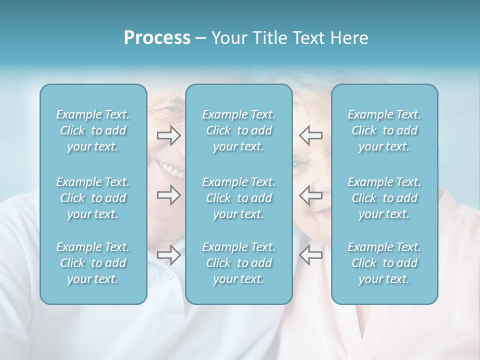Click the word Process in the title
157,38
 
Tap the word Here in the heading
349,38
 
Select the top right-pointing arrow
168,135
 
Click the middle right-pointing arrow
168,195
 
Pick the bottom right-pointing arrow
168,254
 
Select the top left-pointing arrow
310,135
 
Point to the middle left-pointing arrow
310,195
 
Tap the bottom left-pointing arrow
310,254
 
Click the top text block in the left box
93,130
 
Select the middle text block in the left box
93,198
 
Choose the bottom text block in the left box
93,263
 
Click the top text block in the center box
239,130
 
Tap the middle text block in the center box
239,198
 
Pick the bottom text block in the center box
239,263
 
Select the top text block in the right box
384,130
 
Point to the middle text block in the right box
384,198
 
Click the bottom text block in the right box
384,263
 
